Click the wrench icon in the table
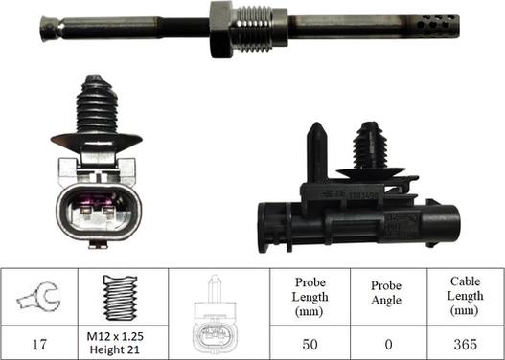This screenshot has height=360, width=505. coord(38,299)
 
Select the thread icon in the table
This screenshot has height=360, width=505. coord(120,299)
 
